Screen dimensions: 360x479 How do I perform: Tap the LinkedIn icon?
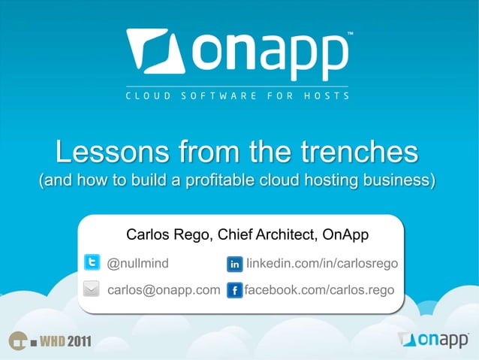point(234,265)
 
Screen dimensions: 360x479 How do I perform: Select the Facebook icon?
point(233,290)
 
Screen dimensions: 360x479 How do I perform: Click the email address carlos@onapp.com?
point(164,289)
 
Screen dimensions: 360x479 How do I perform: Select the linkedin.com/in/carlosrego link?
point(321,264)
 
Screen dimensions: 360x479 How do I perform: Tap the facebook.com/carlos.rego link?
point(319,289)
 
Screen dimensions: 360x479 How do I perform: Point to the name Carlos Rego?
point(169,235)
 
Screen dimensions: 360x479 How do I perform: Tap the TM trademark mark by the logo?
point(350,34)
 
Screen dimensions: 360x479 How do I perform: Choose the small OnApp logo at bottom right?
point(433,339)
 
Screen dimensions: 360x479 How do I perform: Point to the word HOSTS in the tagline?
point(326,96)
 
